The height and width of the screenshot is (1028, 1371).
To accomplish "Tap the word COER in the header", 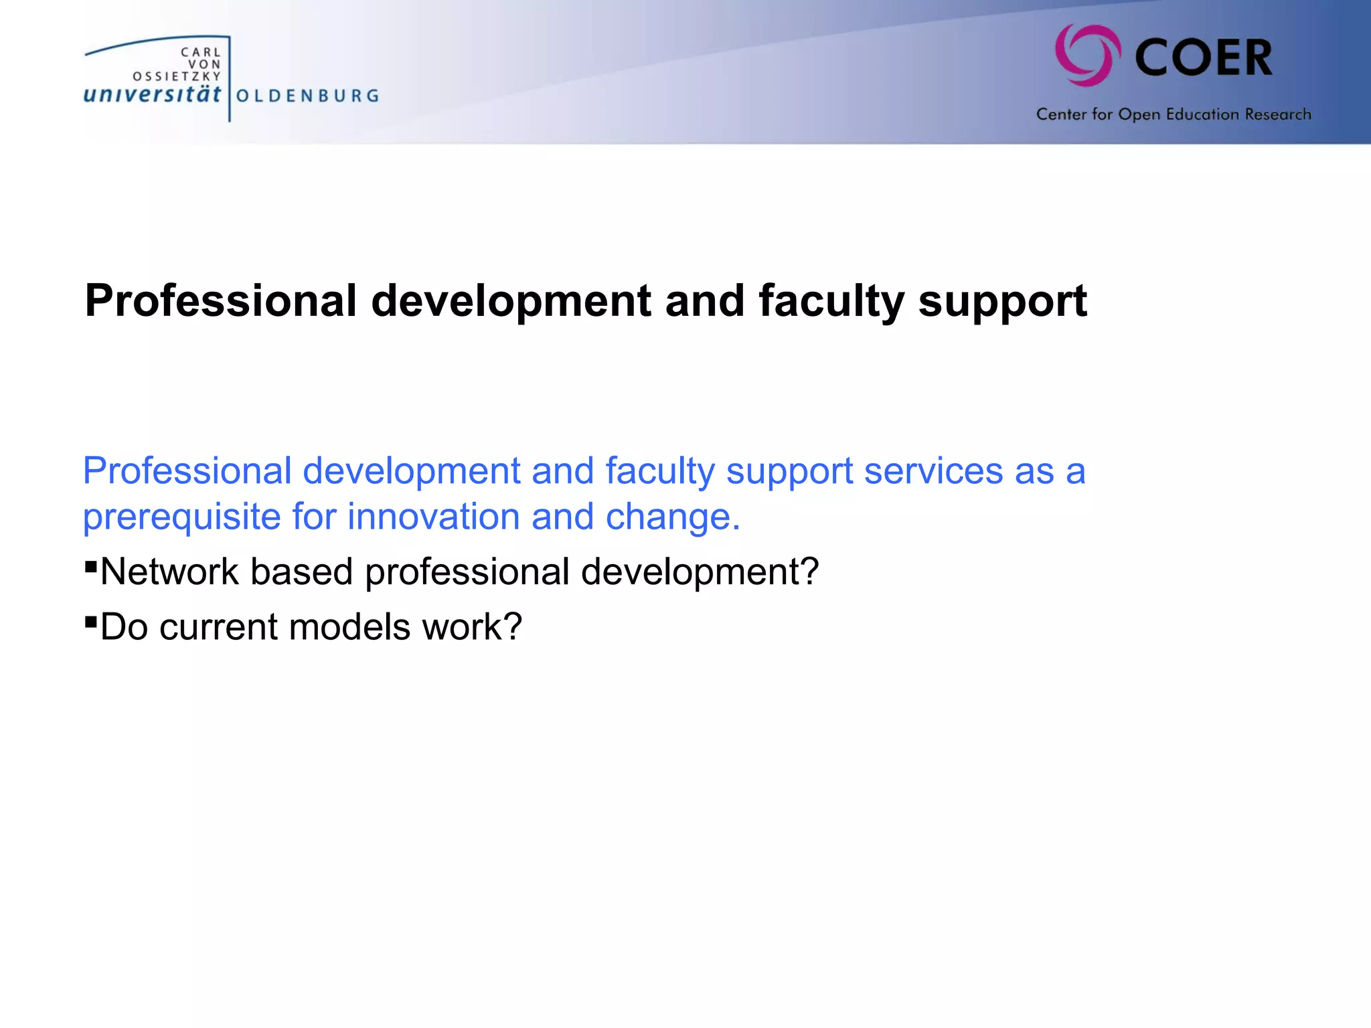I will pyautogui.click(x=1204, y=58).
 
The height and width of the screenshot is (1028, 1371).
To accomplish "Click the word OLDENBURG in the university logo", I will pyautogui.click(x=308, y=96).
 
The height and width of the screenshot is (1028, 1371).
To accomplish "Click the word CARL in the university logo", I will pyautogui.click(x=201, y=52).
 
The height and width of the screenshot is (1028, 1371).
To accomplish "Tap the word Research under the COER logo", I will pyautogui.click(x=1278, y=114).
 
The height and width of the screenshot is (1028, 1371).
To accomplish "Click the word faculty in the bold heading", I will pyautogui.click(x=831, y=301).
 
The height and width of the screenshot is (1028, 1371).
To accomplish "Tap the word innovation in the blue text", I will pyautogui.click(x=433, y=517).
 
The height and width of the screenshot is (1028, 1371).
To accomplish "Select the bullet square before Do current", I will pyautogui.click(x=91, y=622).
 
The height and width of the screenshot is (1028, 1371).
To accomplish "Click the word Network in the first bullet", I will pyautogui.click(x=169, y=572).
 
